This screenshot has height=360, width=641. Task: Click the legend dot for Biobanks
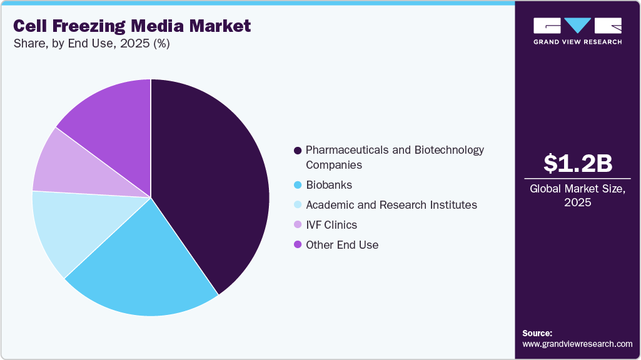[x=298, y=185]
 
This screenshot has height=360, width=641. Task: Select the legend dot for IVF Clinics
[x=298, y=225]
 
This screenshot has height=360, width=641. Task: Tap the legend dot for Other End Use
[x=298, y=245]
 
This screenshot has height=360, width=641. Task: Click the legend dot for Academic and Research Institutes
[x=298, y=205]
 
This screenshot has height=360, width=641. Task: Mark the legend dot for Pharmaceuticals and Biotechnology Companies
[x=298, y=151]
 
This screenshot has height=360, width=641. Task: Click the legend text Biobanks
[x=329, y=185]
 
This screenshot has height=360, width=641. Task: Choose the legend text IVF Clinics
[x=331, y=225]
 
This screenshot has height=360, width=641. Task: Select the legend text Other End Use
[x=342, y=245]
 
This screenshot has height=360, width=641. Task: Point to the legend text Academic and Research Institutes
[x=391, y=205]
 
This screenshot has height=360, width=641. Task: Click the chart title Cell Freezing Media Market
[x=132, y=26]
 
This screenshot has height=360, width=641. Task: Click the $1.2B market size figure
[x=577, y=163]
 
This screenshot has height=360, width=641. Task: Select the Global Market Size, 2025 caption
[x=577, y=196]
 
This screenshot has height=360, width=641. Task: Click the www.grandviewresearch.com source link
[x=577, y=344]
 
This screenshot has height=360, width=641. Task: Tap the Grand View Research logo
[x=577, y=30]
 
